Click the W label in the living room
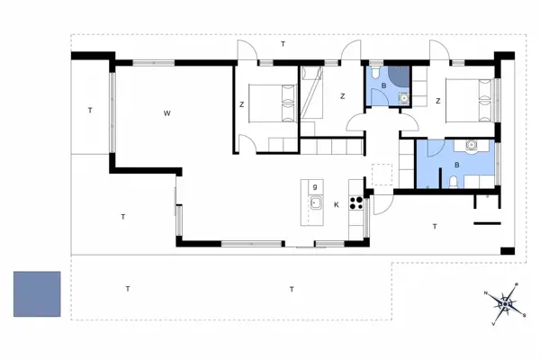(167, 113)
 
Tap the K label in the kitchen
(337, 204)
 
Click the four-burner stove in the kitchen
(356, 202)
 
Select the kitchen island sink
(316, 202)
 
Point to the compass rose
(505, 304)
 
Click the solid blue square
(37, 294)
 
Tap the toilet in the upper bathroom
(375, 71)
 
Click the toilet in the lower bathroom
(454, 182)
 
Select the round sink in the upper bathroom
(403, 98)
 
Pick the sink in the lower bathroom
(471, 145)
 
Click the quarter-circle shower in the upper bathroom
(399, 76)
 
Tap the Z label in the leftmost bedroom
(242, 104)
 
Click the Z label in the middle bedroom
(342, 96)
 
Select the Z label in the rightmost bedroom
(438, 101)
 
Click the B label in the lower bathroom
(457, 165)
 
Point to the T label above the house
(283, 44)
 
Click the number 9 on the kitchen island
(315, 187)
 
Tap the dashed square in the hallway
(382, 175)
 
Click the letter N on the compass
(486, 293)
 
